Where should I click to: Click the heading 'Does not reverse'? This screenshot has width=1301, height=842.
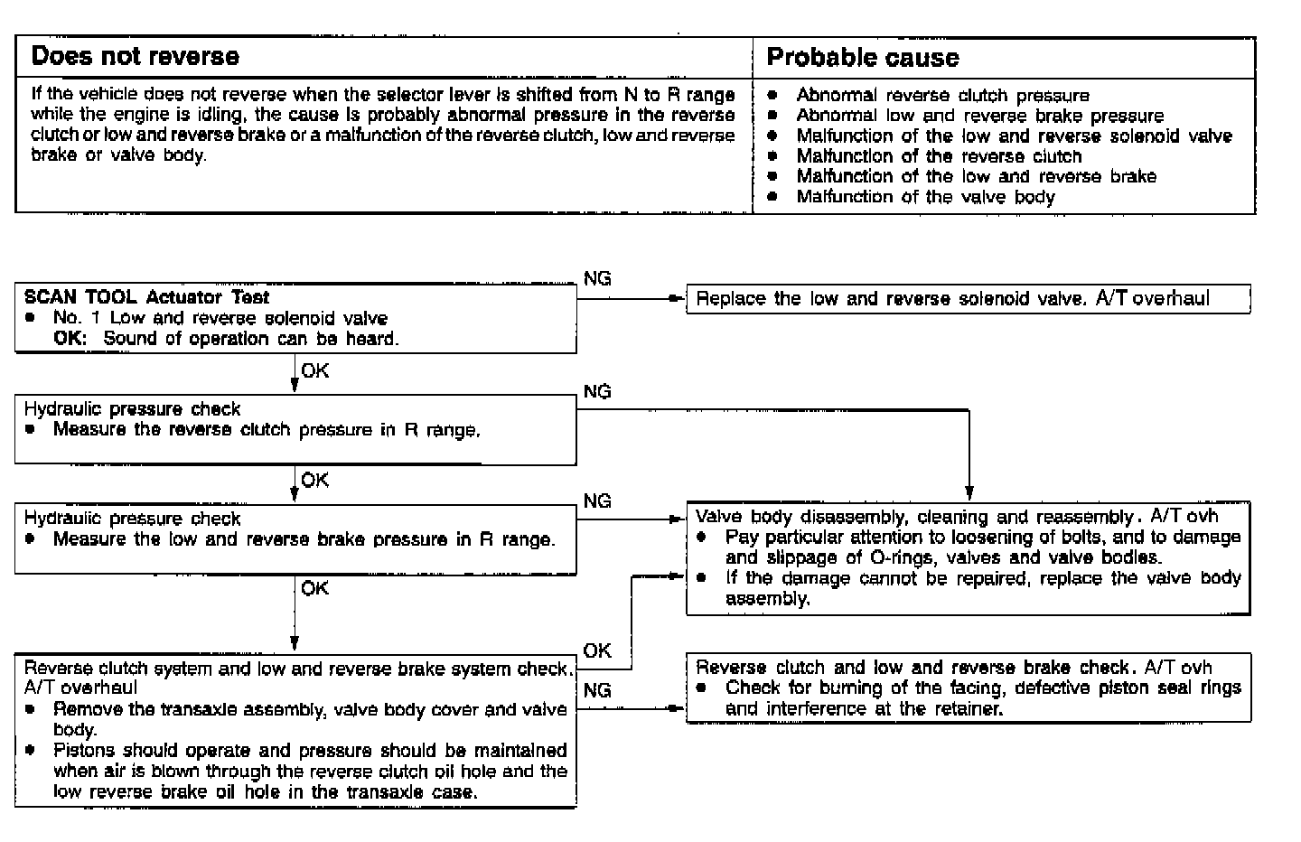click(136, 57)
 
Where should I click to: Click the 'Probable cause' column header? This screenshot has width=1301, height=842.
click(862, 58)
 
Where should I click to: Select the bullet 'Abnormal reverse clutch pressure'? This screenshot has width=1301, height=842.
click(942, 96)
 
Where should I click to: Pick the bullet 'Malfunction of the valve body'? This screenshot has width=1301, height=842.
click(925, 197)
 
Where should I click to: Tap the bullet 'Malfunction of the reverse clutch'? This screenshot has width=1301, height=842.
click(938, 156)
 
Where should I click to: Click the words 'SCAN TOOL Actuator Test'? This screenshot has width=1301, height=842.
click(146, 297)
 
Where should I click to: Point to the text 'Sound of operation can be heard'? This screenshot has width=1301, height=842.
click(251, 339)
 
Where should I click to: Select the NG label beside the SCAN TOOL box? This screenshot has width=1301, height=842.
click(597, 279)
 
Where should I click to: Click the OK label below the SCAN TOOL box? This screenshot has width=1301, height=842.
click(315, 371)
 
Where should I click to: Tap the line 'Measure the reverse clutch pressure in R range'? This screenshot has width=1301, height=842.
click(267, 430)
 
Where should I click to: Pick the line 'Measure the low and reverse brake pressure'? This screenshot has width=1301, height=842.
click(304, 539)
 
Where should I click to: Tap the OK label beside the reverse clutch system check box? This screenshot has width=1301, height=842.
click(597, 650)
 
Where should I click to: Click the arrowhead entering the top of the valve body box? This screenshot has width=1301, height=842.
click(969, 494)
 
